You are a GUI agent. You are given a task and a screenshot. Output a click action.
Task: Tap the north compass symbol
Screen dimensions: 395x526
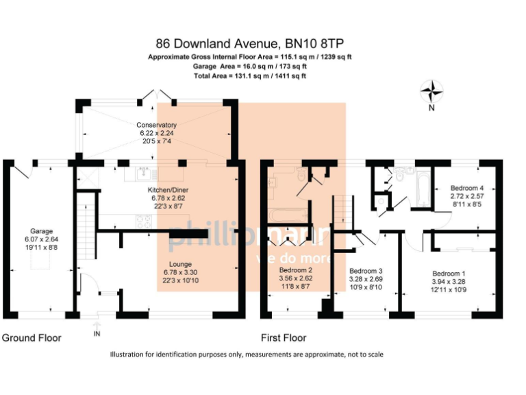(431, 91)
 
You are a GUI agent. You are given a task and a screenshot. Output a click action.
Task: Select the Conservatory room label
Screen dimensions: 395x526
(157, 125)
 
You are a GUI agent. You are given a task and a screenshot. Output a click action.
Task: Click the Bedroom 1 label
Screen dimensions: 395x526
(449, 273)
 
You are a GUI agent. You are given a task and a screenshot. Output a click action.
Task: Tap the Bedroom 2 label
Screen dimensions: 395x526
(296, 270)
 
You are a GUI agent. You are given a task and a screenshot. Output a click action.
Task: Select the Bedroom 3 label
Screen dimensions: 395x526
(365, 270)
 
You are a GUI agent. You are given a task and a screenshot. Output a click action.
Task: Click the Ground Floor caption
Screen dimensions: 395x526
(32, 338)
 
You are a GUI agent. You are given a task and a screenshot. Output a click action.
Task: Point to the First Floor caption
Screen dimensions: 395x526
(284, 338)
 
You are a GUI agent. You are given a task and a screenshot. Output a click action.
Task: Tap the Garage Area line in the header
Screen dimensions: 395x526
(250, 67)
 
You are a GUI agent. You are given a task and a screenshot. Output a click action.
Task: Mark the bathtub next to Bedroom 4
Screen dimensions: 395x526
(423, 190)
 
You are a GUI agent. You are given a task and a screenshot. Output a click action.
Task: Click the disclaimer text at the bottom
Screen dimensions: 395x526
(247, 355)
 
